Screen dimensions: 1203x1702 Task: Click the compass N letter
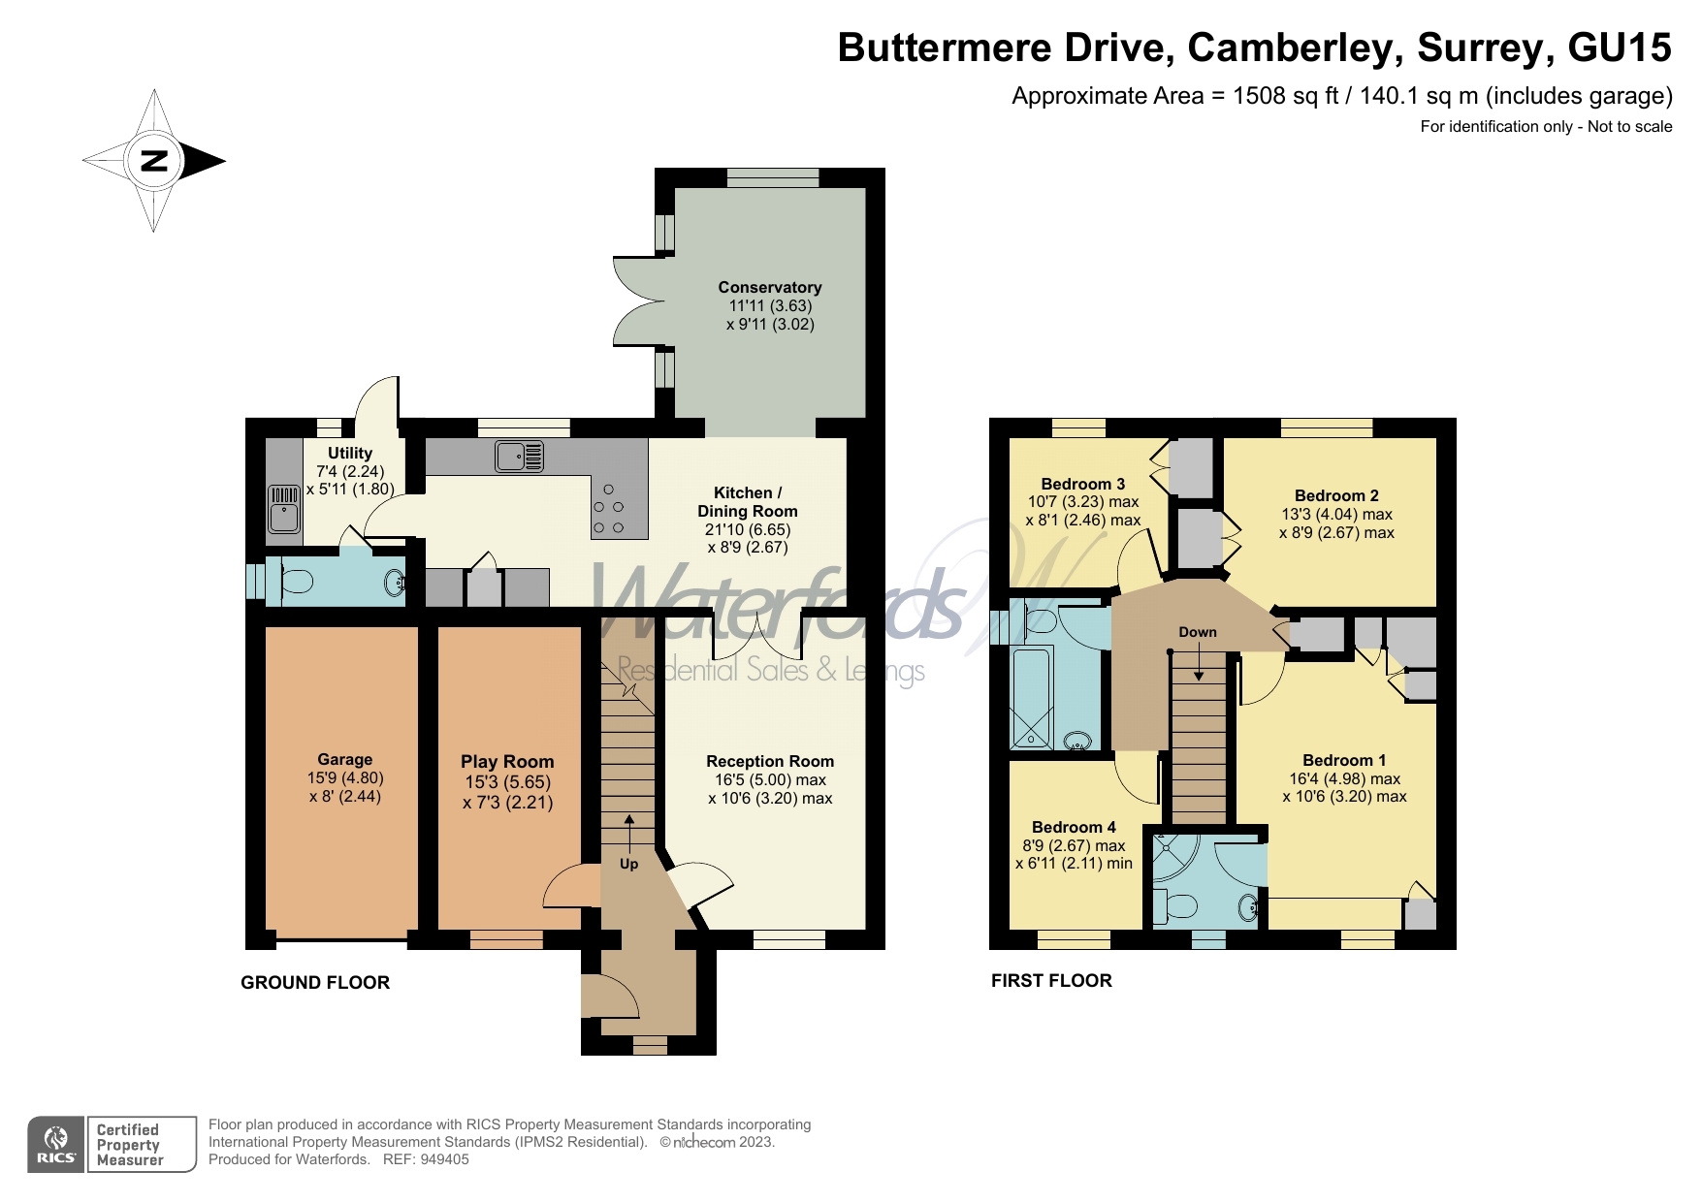click(154, 161)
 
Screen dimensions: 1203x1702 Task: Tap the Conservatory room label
click(769, 287)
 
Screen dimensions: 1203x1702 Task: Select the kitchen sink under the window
click(519, 456)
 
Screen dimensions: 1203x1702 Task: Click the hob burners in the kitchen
click(608, 509)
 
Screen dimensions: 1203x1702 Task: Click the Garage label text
click(344, 760)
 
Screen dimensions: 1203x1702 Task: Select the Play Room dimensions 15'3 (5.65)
click(507, 782)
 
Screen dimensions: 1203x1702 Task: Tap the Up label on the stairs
click(628, 864)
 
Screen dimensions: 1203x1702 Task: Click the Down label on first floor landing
click(1197, 632)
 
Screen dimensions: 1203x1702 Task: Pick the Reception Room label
click(769, 761)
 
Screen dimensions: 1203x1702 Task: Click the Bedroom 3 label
click(1082, 484)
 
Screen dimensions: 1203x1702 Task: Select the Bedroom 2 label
click(1335, 495)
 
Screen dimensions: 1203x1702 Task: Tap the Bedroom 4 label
click(1073, 827)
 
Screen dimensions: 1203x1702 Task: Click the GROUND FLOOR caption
click(314, 982)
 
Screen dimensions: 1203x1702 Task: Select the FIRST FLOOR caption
click(1051, 980)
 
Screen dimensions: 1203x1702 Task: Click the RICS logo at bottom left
click(56, 1145)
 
